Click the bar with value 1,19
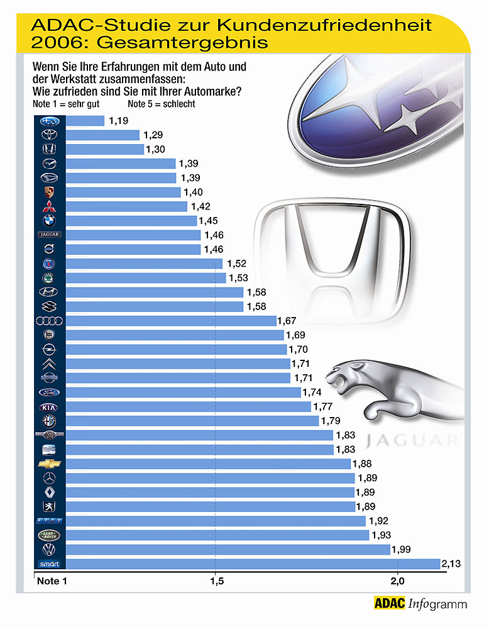[x=84, y=121]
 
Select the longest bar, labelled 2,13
[x=251, y=564]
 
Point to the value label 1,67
[x=287, y=321]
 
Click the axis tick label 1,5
[x=216, y=581]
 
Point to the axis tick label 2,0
[x=397, y=581]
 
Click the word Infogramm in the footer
[x=437, y=605]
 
